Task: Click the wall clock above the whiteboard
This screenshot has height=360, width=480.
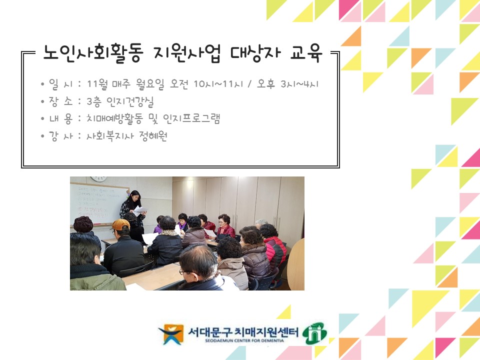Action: click(98, 179)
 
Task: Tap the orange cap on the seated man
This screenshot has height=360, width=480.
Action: click(120, 224)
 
